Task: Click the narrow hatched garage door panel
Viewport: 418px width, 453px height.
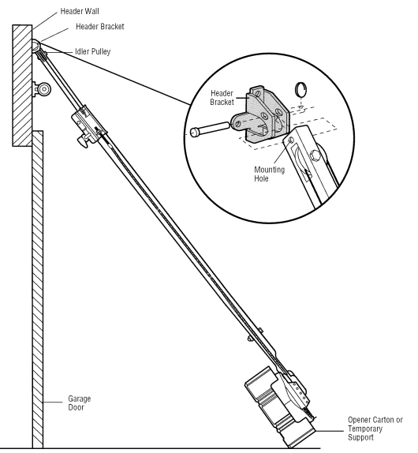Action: [x=35, y=300]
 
